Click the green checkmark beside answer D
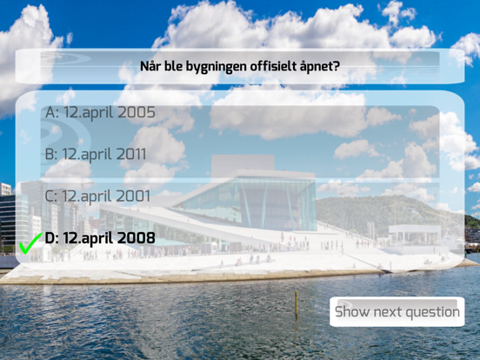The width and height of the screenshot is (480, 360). [x=30, y=243]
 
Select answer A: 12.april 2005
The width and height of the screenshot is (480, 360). [x=100, y=113]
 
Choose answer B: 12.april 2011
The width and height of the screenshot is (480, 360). [x=96, y=154]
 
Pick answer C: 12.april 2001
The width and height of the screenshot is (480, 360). [x=97, y=197]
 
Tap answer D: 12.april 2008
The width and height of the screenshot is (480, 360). [x=100, y=238]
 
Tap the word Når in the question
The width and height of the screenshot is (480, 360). [x=150, y=66]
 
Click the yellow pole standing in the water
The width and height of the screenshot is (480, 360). [x=296, y=303]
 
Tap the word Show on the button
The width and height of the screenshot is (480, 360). [x=352, y=311]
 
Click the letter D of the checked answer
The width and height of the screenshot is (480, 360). [x=50, y=238]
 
